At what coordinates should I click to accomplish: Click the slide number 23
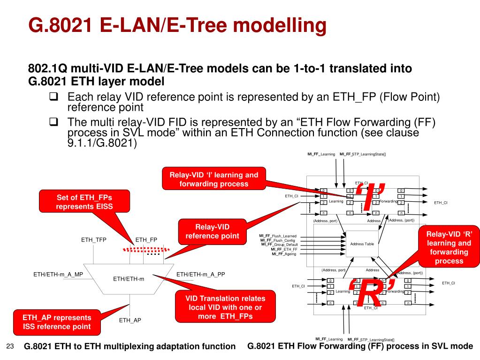click(10, 346)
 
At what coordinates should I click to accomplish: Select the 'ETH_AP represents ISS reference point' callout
click(56, 322)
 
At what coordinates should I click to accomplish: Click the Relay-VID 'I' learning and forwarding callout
click(213, 179)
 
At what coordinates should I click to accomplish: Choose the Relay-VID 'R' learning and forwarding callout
click(449, 247)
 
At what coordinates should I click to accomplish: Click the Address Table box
click(362, 244)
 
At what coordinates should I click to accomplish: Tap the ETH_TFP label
click(94, 240)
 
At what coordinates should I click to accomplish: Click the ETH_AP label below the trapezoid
click(130, 320)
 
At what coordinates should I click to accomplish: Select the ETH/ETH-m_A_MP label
click(58, 275)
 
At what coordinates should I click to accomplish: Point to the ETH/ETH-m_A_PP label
click(201, 275)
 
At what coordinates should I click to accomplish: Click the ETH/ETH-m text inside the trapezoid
click(129, 279)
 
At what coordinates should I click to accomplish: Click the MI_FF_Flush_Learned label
click(278, 236)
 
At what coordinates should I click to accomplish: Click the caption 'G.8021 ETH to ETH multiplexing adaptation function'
click(130, 346)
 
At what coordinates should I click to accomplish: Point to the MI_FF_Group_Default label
click(279, 245)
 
